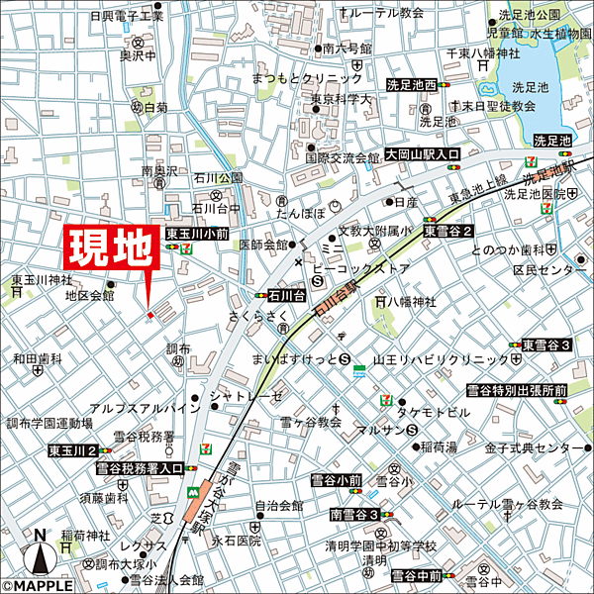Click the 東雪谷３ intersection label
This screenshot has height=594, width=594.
[x=546, y=345]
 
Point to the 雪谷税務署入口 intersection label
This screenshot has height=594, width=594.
[x=139, y=469]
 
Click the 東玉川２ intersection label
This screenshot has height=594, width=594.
[x=71, y=450]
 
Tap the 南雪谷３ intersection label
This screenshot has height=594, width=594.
[x=355, y=515]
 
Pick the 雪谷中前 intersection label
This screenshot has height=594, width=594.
[x=416, y=575]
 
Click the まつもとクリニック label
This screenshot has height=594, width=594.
[x=307, y=77]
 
